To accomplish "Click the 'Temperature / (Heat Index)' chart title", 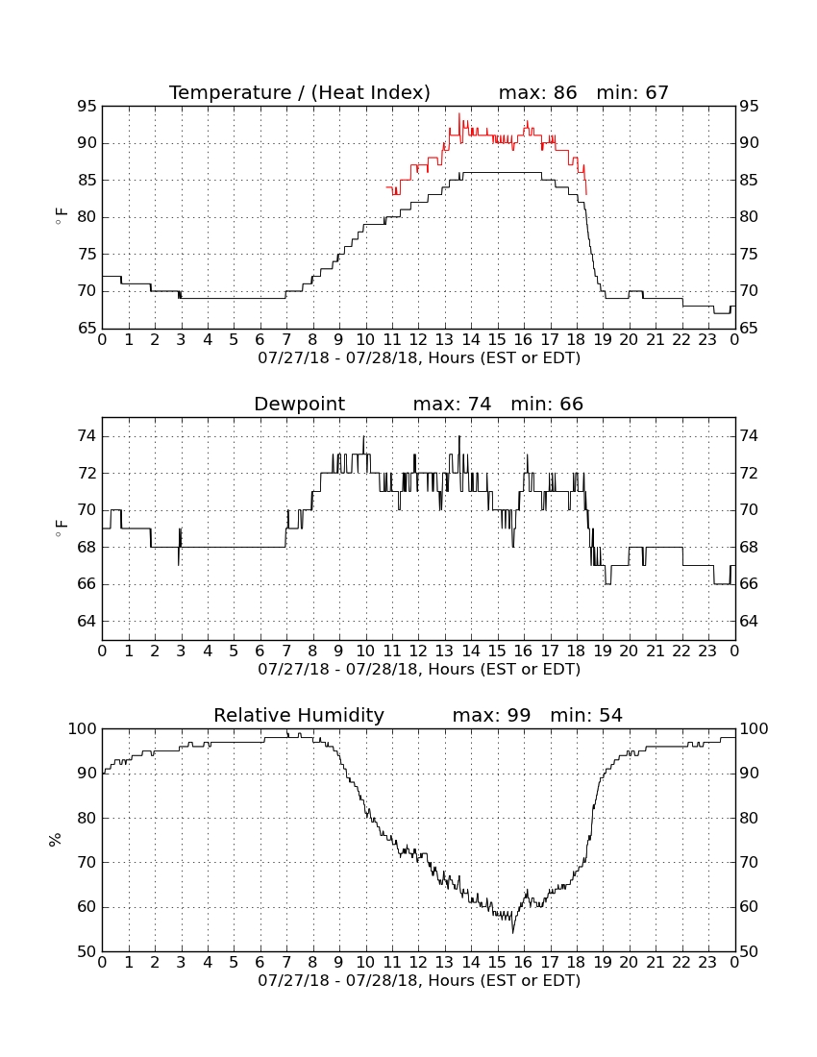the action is [x=299, y=92].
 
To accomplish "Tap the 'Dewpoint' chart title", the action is [x=299, y=404].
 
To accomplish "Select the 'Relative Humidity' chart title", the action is [x=299, y=715].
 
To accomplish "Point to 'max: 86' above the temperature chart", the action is [x=538, y=92].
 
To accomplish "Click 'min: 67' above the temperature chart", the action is [x=632, y=92].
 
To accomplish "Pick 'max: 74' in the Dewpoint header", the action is [x=453, y=404].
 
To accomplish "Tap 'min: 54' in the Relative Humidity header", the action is [x=586, y=715].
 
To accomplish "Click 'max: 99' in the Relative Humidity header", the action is [x=491, y=715].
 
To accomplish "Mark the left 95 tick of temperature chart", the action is [x=87, y=107].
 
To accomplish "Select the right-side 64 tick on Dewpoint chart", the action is [x=749, y=621].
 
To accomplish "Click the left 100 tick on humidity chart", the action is [x=83, y=728].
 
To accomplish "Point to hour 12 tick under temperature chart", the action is [x=418, y=340].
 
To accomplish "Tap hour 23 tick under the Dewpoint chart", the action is [x=707, y=651].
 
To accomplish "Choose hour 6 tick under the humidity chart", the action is [x=260, y=962].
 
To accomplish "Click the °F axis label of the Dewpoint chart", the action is [x=61, y=528].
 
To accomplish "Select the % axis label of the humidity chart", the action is [x=56, y=840].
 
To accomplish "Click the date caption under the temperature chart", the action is [x=419, y=358].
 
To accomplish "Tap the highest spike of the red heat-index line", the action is [x=459, y=113].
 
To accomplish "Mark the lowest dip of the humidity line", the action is [x=513, y=933].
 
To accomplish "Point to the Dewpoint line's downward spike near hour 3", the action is [x=179, y=565].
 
